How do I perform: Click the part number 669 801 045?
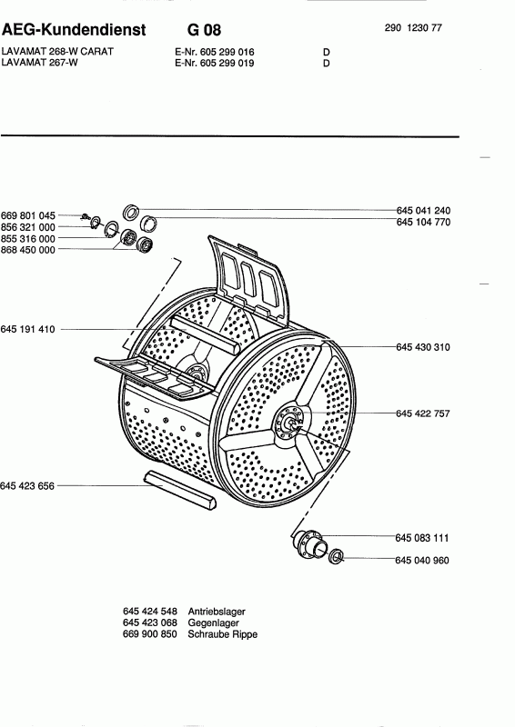click(28, 215)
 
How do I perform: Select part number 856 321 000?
click(28, 227)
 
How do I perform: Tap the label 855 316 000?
click(28, 239)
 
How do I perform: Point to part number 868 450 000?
click(28, 250)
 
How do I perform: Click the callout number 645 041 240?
click(423, 211)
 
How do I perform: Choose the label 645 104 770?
click(423, 222)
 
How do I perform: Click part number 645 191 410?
click(28, 329)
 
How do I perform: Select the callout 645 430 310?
click(423, 347)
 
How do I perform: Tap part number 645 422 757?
click(423, 413)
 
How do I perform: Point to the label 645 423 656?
click(27, 486)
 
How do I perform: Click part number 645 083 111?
click(422, 538)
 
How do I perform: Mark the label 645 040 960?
click(422, 561)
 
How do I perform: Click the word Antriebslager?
click(217, 612)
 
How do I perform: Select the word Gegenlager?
click(213, 623)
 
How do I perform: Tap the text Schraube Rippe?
click(222, 634)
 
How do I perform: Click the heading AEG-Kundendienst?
click(74, 30)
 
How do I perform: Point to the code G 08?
click(204, 30)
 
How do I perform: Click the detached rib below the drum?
click(180, 490)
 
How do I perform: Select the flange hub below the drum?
click(308, 543)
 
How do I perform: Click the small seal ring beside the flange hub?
click(336, 556)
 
